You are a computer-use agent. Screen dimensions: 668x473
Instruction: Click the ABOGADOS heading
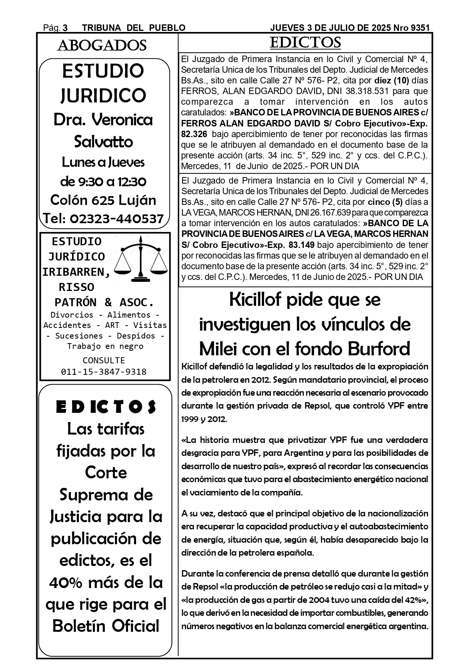click(102, 46)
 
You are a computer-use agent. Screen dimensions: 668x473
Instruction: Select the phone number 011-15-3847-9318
click(104, 372)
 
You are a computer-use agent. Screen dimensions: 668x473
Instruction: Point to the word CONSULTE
click(104, 360)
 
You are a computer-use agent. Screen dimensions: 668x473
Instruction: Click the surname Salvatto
click(103, 142)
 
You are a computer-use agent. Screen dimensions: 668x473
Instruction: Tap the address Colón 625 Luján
click(103, 200)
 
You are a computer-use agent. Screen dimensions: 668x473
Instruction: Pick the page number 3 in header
click(65, 28)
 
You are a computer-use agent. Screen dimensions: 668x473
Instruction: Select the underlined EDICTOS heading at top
click(305, 43)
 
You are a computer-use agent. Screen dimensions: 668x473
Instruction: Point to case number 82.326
click(194, 134)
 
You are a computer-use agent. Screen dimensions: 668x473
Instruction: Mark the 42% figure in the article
click(417, 600)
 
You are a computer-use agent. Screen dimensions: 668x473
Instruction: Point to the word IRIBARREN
click(76, 272)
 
